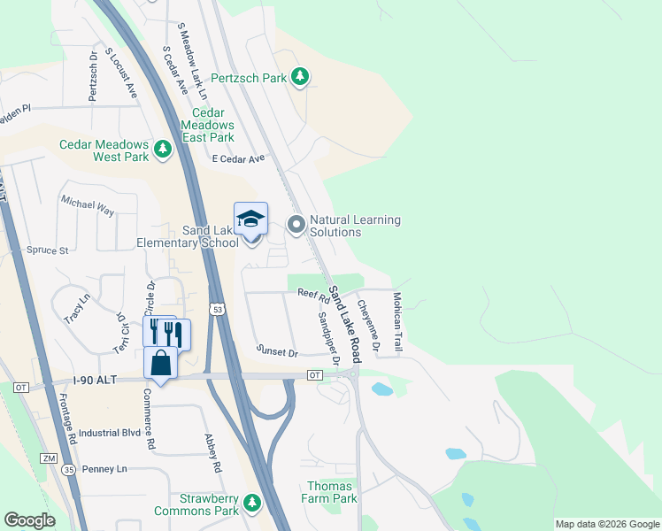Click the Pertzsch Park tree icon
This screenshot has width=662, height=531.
point(301,78)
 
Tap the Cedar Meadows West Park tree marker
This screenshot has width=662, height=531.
point(163,150)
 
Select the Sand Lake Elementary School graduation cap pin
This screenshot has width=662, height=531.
point(250,219)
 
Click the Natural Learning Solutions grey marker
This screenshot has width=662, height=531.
point(296,226)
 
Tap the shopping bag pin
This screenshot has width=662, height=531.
point(160,363)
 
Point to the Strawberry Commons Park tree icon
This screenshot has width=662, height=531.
point(253,504)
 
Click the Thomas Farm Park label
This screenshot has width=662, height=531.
point(331,492)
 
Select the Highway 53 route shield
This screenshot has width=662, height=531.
point(217,309)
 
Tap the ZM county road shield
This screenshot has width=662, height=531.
point(49,458)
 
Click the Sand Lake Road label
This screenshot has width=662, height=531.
point(345,325)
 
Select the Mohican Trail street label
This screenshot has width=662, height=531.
point(397,323)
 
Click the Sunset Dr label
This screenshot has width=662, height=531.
point(277,352)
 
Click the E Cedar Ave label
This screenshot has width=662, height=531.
point(239,159)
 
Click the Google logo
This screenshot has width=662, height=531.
point(29,520)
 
